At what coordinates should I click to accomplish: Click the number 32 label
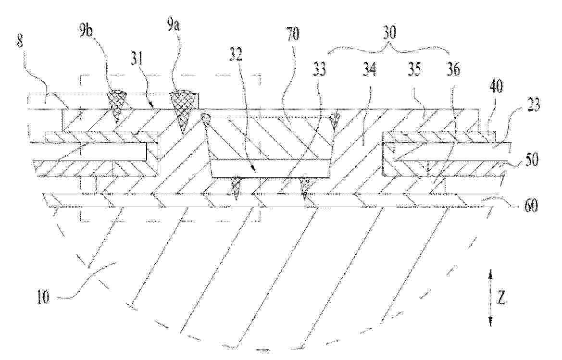(x=236, y=54)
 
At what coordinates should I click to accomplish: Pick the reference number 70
(x=293, y=35)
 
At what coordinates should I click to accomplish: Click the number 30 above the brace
(x=389, y=33)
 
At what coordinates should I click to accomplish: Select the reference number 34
(x=369, y=70)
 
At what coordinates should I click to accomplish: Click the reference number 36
(x=453, y=70)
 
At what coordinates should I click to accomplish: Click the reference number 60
(x=530, y=206)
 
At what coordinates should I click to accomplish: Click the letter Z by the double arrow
(x=501, y=298)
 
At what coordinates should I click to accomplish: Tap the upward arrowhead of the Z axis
(x=491, y=275)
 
